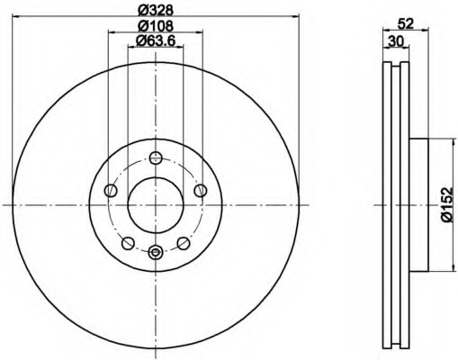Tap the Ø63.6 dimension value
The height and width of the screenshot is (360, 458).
coord(156,41)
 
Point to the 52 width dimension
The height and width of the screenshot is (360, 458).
coord(405,24)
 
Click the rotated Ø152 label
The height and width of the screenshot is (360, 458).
coord(446,204)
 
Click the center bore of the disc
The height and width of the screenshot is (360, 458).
coord(155,203)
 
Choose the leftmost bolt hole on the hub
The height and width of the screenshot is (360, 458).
coord(111,190)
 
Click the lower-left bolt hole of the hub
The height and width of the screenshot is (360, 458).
coord(128,243)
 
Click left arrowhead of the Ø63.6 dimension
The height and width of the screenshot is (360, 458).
coord(130,49)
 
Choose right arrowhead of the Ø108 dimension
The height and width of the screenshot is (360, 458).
coord(200,33)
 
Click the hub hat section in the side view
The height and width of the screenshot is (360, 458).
coord(419,204)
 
